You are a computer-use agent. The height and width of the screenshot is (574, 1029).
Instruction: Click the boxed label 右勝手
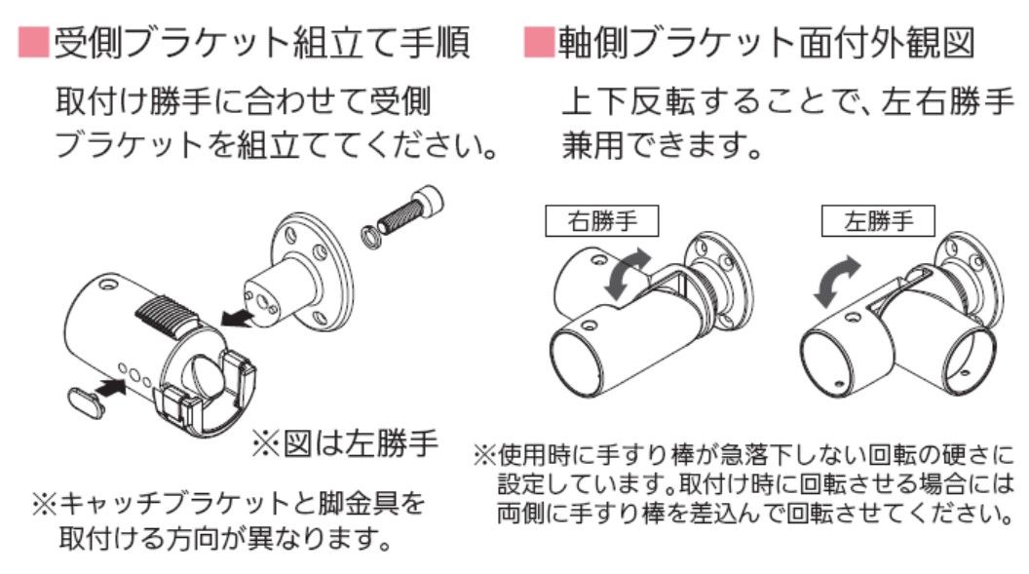(601, 221)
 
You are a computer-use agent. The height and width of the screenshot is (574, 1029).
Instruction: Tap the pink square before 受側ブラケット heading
(33, 41)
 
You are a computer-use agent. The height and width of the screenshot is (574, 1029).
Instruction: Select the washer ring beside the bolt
(371, 237)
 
